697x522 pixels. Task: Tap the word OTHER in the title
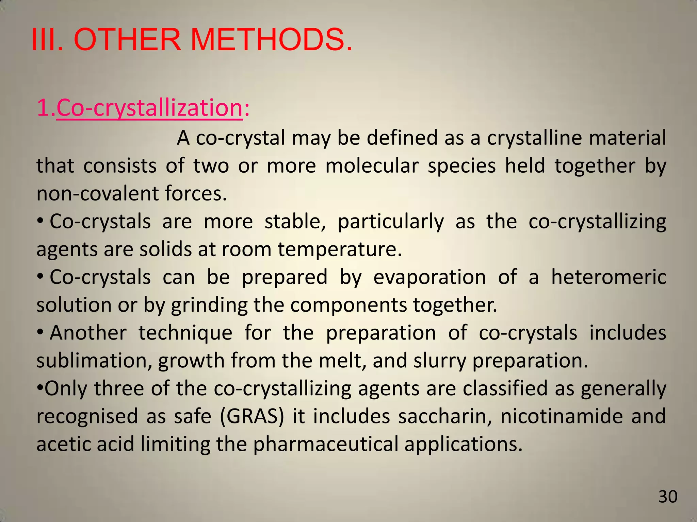click(127, 40)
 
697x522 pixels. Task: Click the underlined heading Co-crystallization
click(149, 108)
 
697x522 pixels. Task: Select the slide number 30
click(668, 497)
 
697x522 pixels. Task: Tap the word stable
click(295, 222)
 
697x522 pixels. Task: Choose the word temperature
click(339, 249)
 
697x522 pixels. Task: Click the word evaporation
click(429, 277)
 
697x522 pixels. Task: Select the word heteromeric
click(609, 277)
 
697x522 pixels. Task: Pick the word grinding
click(209, 305)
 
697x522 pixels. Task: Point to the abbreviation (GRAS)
click(252, 416)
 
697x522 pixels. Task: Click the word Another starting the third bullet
click(88, 333)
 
